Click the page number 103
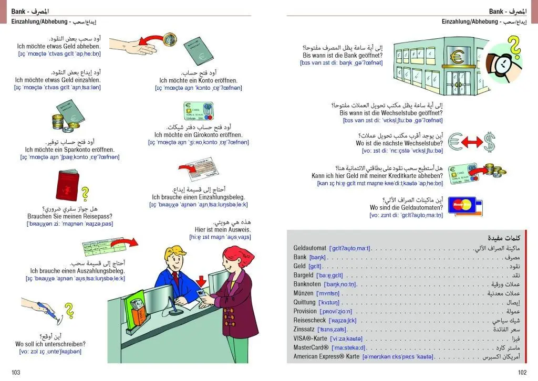pyautogui.click(x=16, y=373)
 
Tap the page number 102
pyautogui.click(x=522, y=373)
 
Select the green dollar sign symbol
pyautogui.click(x=489, y=141)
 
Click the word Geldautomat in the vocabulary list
pyautogui.click(x=310, y=248)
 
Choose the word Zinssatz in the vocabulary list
pyautogui.click(x=305, y=329)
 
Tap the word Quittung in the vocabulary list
pyautogui.click(x=305, y=302)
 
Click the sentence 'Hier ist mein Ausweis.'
pyautogui.click(x=223, y=229)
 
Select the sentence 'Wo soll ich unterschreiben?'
pyautogui.click(x=50, y=344)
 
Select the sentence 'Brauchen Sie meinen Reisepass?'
pyautogui.click(x=70, y=216)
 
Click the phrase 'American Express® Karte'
pyautogui.click(x=326, y=356)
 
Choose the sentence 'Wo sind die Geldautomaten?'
pyautogui.click(x=406, y=207)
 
